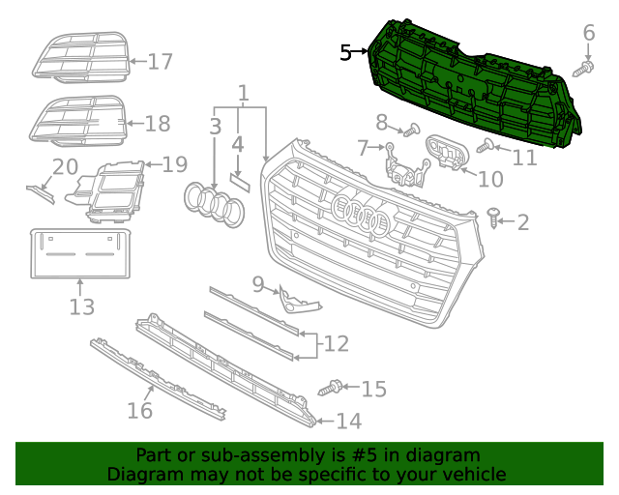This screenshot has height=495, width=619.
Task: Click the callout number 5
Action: pyautogui.click(x=346, y=53)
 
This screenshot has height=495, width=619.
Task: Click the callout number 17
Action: pyautogui.click(x=160, y=62)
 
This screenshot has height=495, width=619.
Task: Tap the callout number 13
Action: pyautogui.click(x=82, y=307)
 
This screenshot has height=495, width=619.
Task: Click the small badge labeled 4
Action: pyautogui.click(x=239, y=181)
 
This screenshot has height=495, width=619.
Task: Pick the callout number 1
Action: pyautogui.click(x=243, y=94)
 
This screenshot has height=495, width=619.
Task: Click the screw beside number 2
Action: pyautogui.click(x=495, y=218)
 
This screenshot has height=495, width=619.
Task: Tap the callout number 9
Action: pyautogui.click(x=258, y=283)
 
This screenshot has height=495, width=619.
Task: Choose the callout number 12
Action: pyautogui.click(x=336, y=343)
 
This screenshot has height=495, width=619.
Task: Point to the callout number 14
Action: pyautogui.click(x=348, y=421)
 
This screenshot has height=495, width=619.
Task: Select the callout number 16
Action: pyautogui.click(x=140, y=410)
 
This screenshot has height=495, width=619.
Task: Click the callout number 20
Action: pyautogui.click(x=65, y=166)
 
